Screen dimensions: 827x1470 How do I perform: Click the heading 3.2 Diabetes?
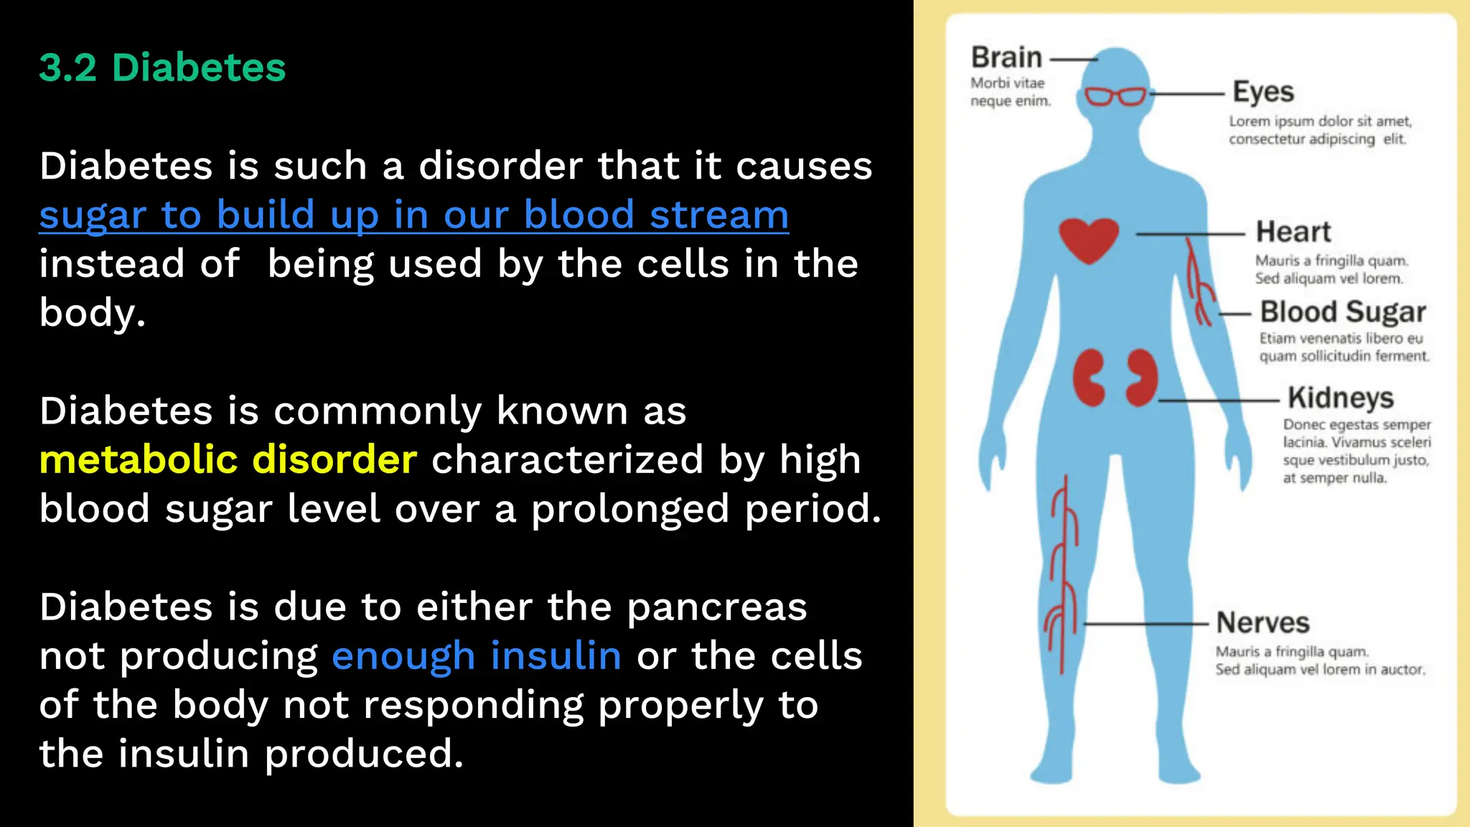[162, 68]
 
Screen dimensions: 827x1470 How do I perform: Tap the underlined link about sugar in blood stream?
[413, 215]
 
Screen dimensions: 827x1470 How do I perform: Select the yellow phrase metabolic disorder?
[228, 459]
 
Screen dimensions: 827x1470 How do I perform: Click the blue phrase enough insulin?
[476, 656]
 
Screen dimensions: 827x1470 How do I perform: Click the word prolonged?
[629, 509]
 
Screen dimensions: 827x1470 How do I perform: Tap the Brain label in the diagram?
[1006, 57]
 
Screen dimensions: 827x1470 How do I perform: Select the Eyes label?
[1263, 92]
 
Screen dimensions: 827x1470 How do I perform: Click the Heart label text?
[1293, 232]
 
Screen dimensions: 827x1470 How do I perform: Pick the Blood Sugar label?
[1343, 312]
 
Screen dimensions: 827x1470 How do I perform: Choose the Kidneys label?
[1340, 398]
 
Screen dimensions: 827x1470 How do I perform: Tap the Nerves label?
[1263, 622]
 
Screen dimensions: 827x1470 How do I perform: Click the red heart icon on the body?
[1089, 240]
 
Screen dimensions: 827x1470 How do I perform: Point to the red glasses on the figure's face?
[1115, 96]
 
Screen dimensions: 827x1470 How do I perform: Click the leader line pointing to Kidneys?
[1219, 401]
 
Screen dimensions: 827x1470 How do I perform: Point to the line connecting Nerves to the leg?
[1146, 624]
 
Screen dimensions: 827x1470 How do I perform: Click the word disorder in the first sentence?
[500, 167]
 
